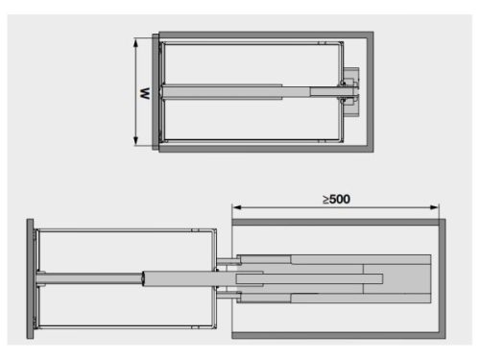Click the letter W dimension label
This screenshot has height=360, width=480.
142,92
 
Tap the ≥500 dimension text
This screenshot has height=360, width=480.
335,199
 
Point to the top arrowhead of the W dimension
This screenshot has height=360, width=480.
151,39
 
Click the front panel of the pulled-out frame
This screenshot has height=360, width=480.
32,277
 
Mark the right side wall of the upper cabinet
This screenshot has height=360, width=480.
369,92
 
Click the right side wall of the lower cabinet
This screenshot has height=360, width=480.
443,277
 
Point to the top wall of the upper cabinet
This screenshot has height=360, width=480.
264,36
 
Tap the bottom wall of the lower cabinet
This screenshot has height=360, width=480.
336,335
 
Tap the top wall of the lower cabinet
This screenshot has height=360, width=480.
336,221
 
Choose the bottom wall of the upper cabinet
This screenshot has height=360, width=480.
264,149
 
